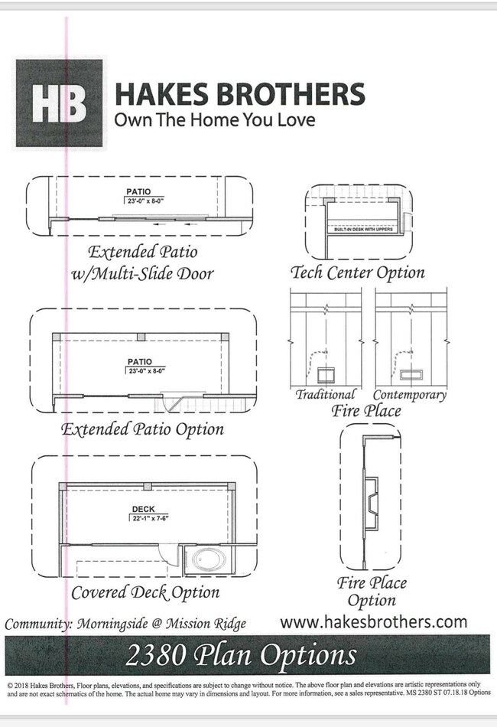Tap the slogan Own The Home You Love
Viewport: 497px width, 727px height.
pos(214,120)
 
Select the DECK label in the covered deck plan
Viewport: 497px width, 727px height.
pos(142,509)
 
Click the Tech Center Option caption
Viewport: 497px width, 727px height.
pos(357,272)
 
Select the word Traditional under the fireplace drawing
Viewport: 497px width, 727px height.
pos(326,395)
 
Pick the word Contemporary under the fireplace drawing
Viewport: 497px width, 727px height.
pos(409,395)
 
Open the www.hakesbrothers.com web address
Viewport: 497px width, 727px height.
pos(373,621)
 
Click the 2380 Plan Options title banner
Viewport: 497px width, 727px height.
pos(248,655)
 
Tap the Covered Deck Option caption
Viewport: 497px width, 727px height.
pos(145,592)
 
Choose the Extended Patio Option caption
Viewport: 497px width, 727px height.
pos(143,429)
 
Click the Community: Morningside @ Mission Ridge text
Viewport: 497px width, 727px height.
pos(125,624)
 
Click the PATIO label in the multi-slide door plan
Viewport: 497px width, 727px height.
pos(138,191)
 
